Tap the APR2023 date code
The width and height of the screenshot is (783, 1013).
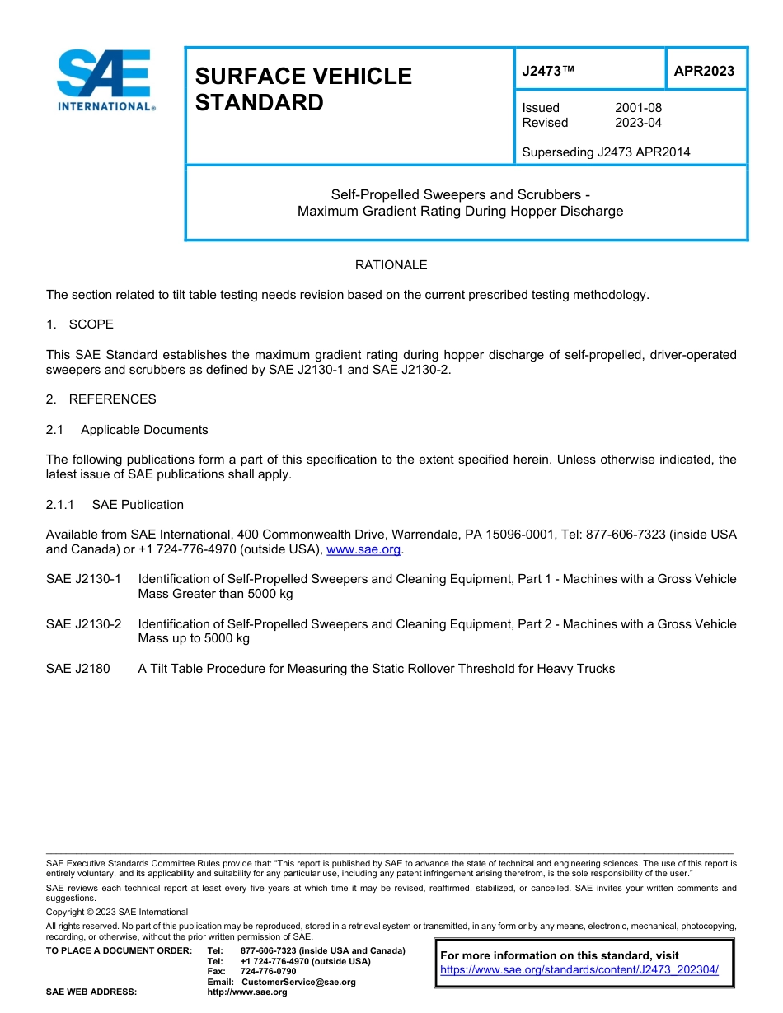coord(704,71)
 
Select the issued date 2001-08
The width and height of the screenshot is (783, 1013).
coord(638,108)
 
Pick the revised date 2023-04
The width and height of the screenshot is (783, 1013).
coord(638,123)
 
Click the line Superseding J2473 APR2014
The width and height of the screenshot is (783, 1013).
coord(606,152)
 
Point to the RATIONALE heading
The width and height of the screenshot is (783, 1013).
coord(391,265)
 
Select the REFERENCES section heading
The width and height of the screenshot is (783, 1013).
coord(112,399)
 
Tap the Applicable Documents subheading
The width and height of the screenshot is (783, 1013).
coord(144,430)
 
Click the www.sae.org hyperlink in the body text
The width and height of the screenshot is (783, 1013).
coord(363,549)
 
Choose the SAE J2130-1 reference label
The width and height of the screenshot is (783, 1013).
coord(83,579)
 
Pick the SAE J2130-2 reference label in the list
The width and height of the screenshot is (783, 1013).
coord(83,624)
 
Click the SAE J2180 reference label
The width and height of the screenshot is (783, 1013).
coord(77,669)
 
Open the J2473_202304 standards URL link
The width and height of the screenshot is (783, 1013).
coord(579,970)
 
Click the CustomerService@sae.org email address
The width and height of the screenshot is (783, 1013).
coord(298,982)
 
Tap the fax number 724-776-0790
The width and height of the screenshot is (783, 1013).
coord(268,972)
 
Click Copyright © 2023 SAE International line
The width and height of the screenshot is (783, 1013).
coord(117,912)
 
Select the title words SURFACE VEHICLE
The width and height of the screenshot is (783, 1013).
coord(302,77)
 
